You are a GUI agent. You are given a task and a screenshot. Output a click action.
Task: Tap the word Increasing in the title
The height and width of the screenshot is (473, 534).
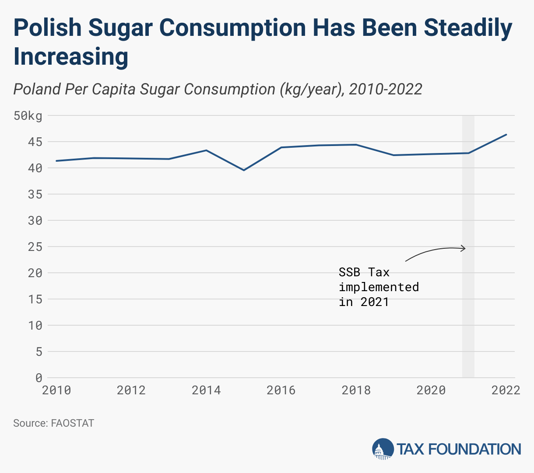pos(71,57)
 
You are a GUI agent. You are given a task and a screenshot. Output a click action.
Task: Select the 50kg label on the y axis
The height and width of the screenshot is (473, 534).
pos(28,116)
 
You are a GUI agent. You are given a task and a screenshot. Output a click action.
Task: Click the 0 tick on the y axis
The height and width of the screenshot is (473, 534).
pos(39,378)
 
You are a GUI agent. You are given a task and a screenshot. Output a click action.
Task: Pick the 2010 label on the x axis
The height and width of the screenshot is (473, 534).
pos(56,390)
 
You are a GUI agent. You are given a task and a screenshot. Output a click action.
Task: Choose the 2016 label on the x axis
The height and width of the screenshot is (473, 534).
pos(281,390)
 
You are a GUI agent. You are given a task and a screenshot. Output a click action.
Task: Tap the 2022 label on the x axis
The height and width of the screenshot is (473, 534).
pos(506,390)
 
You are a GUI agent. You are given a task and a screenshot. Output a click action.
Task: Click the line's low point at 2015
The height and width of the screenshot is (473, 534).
pos(244,170)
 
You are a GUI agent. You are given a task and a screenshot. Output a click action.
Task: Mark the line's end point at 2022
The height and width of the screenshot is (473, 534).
pos(506,135)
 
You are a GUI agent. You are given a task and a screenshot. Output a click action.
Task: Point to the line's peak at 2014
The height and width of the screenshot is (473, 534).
pos(206,150)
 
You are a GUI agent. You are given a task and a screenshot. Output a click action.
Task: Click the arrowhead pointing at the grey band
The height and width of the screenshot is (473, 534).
pos(464,249)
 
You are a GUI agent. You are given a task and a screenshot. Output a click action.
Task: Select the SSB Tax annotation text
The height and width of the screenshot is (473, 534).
pos(379,287)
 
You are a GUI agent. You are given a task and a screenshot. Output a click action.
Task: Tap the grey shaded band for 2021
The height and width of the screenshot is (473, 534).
pos(468,306)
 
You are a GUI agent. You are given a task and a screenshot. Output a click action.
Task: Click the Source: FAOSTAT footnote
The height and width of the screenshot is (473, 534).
pos(53,423)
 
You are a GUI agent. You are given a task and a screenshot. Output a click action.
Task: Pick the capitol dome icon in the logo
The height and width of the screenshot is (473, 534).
pos(383,449)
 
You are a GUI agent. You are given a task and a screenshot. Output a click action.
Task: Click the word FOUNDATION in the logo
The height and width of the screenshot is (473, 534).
pos(474,449)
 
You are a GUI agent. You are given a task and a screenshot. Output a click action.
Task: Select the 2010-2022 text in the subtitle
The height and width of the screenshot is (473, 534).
pos(386,89)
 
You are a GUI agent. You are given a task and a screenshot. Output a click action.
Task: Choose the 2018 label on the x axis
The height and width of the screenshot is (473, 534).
pos(356,390)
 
